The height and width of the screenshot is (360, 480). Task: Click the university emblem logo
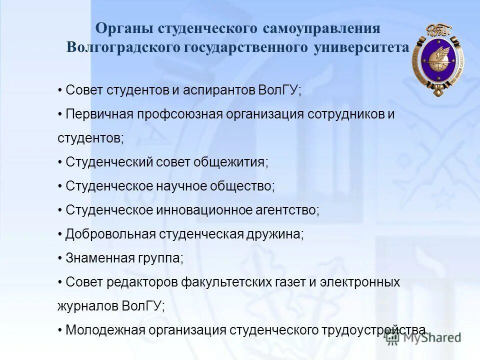click(x=437, y=59)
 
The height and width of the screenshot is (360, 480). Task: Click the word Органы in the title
click(x=124, y=28)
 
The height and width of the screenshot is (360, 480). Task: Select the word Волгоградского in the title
click(x=123, y=47)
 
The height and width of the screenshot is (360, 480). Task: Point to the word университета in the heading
click(x=361, y=47)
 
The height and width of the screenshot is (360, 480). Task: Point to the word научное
click(x=183, y=186)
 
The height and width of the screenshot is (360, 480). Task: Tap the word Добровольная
click(x=110, y=234)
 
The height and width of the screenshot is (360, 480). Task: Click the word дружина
click(x=274, y=234)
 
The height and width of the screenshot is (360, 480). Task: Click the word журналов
click(x=88, y=306)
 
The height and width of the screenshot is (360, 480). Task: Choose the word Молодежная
click(x=105, y=330)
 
